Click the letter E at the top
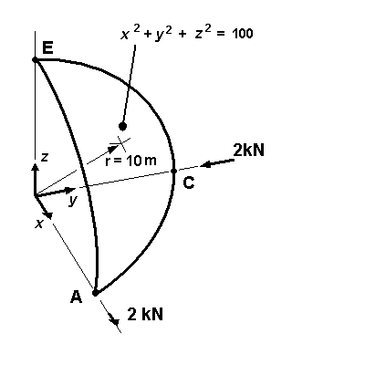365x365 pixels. (x=47, y=47)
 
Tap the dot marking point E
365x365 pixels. (x=35, y=59)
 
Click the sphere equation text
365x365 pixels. (x=186, y=34)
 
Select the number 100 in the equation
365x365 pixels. (x=242, y=34)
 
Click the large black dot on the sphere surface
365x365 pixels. (x=123, y=126)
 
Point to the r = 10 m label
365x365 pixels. (x=130, y=162)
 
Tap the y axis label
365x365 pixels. (x=71, y=201)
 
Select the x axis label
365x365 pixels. (x=39, y=223)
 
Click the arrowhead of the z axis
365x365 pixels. (x=35, y=167)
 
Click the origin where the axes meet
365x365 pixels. (x=35, y=195)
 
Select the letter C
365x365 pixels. (x=188, y=182)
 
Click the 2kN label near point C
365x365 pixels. (x=248, y=149)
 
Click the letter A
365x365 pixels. (x=76, y=296)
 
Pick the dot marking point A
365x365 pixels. (x=95, y=293)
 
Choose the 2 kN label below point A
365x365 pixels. (x=146, y=315)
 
